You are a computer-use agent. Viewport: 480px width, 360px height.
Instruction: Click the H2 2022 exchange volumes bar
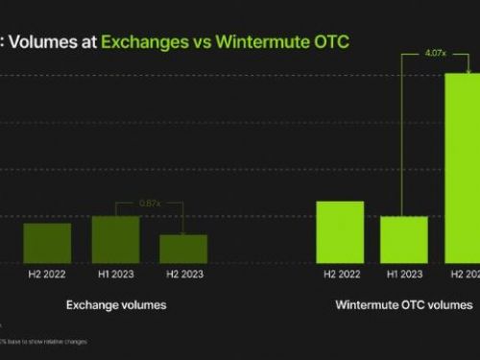click(47, 243)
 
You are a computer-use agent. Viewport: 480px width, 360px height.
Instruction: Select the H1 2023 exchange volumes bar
click(115, 239)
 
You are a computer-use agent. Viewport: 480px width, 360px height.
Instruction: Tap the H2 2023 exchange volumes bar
click(183, 249)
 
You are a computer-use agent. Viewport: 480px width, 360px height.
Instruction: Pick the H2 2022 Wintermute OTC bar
click(340, 231)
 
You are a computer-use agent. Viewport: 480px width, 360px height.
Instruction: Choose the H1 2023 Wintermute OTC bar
click(404, 239)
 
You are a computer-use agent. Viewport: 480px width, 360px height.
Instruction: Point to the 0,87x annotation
click(149, 204)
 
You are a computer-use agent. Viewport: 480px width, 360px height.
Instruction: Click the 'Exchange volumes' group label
click(116, 305)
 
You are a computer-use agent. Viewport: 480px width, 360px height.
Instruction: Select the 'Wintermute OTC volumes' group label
click(404, 305)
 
